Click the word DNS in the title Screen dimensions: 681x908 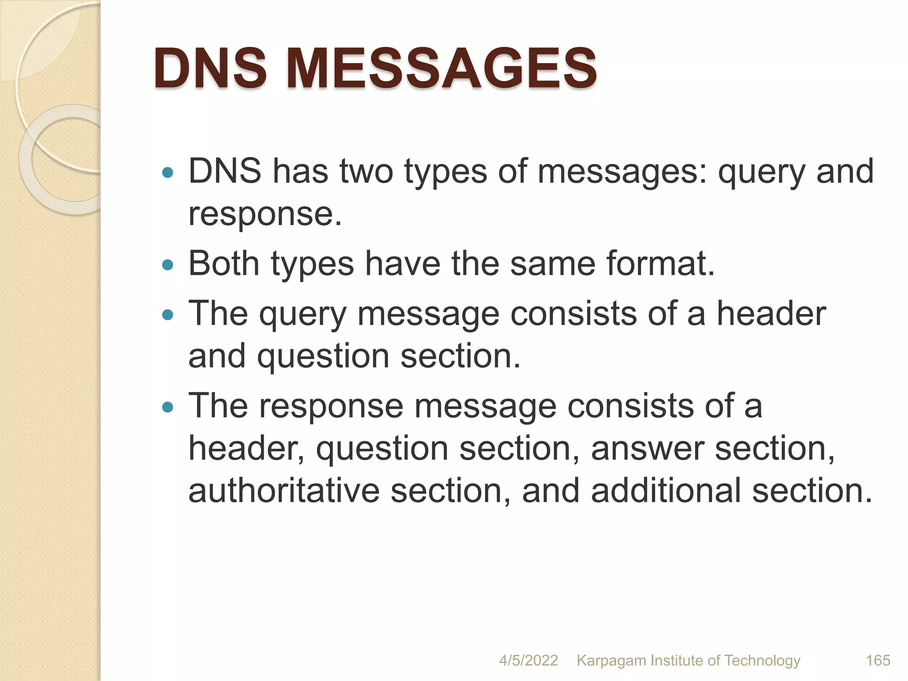[x=211, y=69]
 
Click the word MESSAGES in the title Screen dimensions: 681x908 [x=442, y=69]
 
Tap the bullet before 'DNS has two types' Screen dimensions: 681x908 [x=167, y=172]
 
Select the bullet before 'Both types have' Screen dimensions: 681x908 [x=167, y=265]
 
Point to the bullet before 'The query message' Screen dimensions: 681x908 [x=167, y=315]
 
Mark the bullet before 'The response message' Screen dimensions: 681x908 [x=167, y=407]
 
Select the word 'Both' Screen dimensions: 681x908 [x=224, y=263]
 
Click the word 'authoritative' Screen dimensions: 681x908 [x=284, y=490]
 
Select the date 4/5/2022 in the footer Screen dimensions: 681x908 [x=528, y=661]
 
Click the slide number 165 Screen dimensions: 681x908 [x=878, y=661]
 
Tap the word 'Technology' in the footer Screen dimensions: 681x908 [x=762, y=661]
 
